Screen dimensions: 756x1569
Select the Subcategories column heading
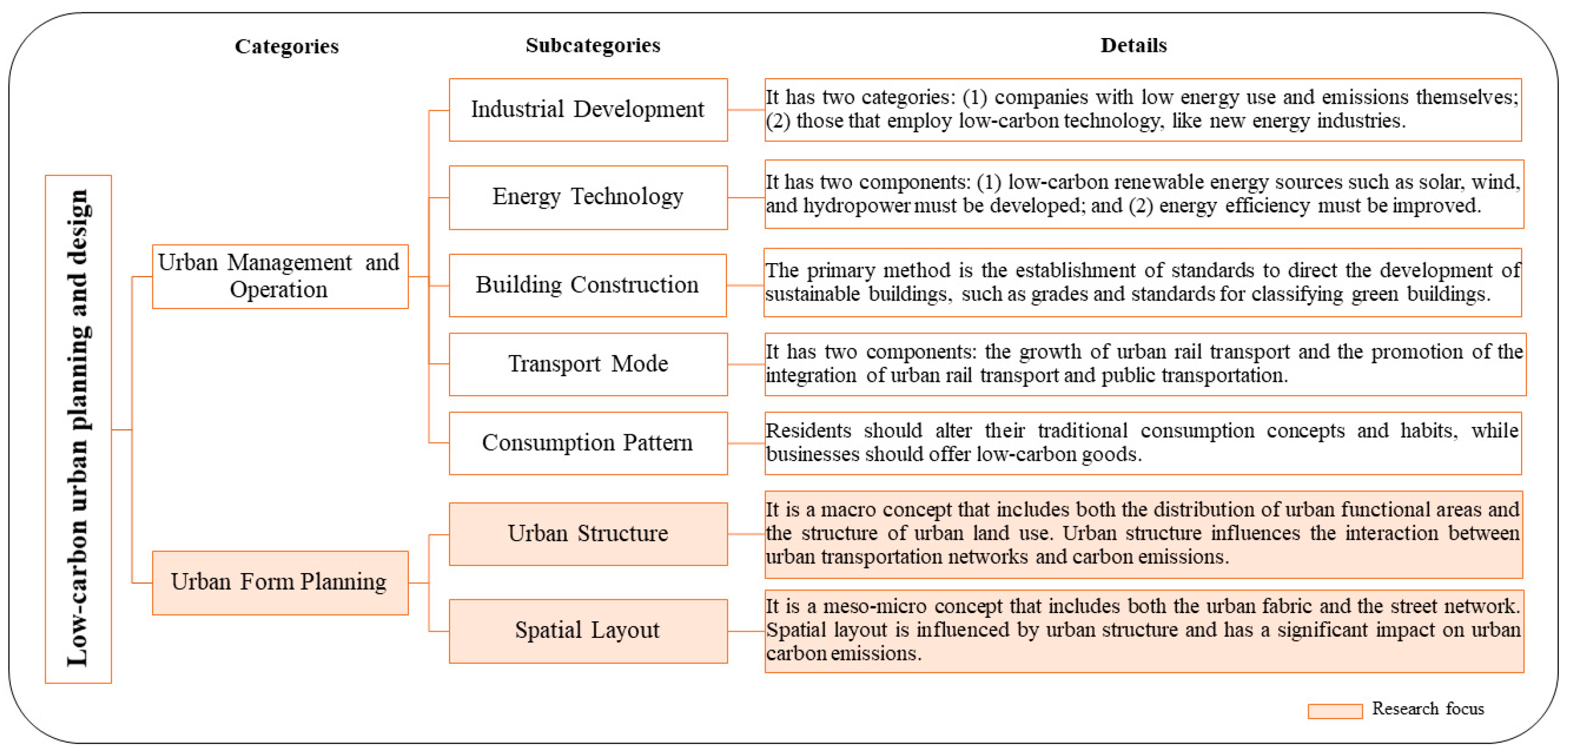(x=593, y=45)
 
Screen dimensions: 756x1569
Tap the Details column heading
(x=1133, y=45)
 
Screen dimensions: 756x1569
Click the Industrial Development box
(x=588, y=109)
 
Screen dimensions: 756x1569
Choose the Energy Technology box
(x=588, y=197)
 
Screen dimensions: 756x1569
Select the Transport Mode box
(x=588, y=364)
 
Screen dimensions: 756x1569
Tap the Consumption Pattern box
(x=588, y=443)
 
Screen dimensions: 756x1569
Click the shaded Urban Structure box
(x=588, y=534)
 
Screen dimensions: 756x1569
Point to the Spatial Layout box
(x=588, y=631)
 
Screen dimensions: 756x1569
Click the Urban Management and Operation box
(x=279, y=276)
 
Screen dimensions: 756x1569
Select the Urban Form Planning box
(x=279, y=582)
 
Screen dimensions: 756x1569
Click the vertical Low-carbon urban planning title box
(x=78, y=429)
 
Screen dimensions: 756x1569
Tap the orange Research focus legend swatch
(x=1334, y=711)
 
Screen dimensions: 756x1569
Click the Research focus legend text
(x=1427, y=709)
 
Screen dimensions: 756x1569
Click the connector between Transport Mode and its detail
(x=745, y=364)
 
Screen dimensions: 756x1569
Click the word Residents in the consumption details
(x=808, y=430)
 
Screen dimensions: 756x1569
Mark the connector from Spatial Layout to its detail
(x=745, y=631)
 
